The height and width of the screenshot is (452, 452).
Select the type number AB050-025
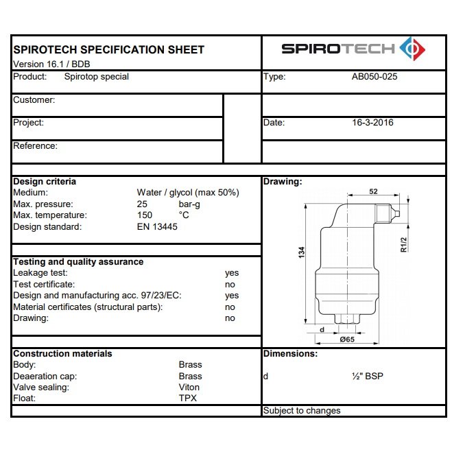click(374, 77)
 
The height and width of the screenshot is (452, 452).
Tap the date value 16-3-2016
click(372, 123)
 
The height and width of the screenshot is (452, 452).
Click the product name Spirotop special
click(96, 77)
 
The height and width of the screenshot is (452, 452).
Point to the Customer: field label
click(34, 99)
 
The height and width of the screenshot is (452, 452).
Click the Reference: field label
click(35, 145)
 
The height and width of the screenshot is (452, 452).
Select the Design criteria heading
click(45, 182)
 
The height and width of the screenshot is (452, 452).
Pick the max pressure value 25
click(142, 204)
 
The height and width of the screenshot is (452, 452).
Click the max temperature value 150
click(145, 215)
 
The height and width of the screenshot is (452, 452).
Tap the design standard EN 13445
click(157, 227)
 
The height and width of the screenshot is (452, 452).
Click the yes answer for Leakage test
click(232, 273)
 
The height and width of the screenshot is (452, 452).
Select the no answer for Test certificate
click(230, 284)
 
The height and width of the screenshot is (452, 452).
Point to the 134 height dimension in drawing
click(301, 252)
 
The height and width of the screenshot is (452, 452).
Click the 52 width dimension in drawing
click(373, 192)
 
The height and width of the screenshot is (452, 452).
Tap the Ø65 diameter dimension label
click(347, 339)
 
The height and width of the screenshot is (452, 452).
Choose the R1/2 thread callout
click(404, 245)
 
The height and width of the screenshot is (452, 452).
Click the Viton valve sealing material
click(190, 388)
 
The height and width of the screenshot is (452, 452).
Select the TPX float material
click(187, 399)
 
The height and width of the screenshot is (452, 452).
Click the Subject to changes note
click(302, 411)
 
